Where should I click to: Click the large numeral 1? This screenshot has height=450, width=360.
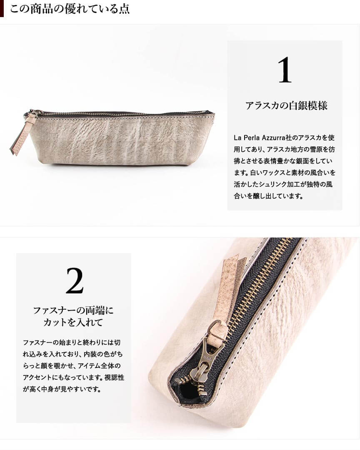pyautogui.click(x=285, y=70)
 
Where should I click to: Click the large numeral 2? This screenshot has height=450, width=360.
pyautogui.click(x=75, y=281)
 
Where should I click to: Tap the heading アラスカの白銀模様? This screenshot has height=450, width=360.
pyautogui.click(x=286, y=106)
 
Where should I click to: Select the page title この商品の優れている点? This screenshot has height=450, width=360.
pyautogui.click(x=70, y=9)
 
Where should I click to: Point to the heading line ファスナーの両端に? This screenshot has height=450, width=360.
pyautogui.click(x=74, y=310)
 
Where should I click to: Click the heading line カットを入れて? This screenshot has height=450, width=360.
pyautogui.click(x=73, y=322)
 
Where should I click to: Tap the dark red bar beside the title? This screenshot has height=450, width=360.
pyautogui.click(x=2, y=9)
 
